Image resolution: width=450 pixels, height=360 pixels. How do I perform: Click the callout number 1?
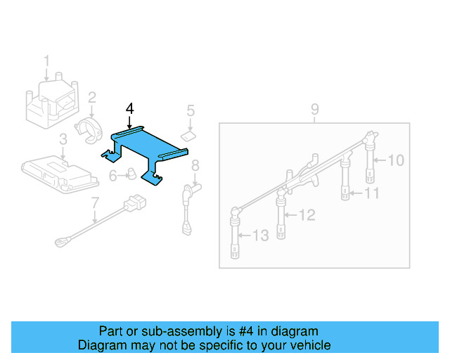point(47,61)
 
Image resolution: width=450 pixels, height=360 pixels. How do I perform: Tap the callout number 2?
point(92,96)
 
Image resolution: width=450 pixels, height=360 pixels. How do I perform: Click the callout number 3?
point(63,139)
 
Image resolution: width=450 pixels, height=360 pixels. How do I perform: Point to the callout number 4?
point(129,108)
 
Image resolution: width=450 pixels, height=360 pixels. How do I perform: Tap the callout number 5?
point(190,110)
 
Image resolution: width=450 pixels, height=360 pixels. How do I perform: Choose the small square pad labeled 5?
point(188,134)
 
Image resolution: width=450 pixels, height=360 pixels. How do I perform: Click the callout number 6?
point(112,176)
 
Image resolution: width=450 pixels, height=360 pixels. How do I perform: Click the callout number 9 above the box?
point(315,109)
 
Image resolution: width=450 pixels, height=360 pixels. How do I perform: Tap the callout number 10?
point(396,160)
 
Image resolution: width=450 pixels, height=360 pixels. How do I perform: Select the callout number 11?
point(372,193)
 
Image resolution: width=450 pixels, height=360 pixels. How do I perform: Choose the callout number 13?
point(260,236)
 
